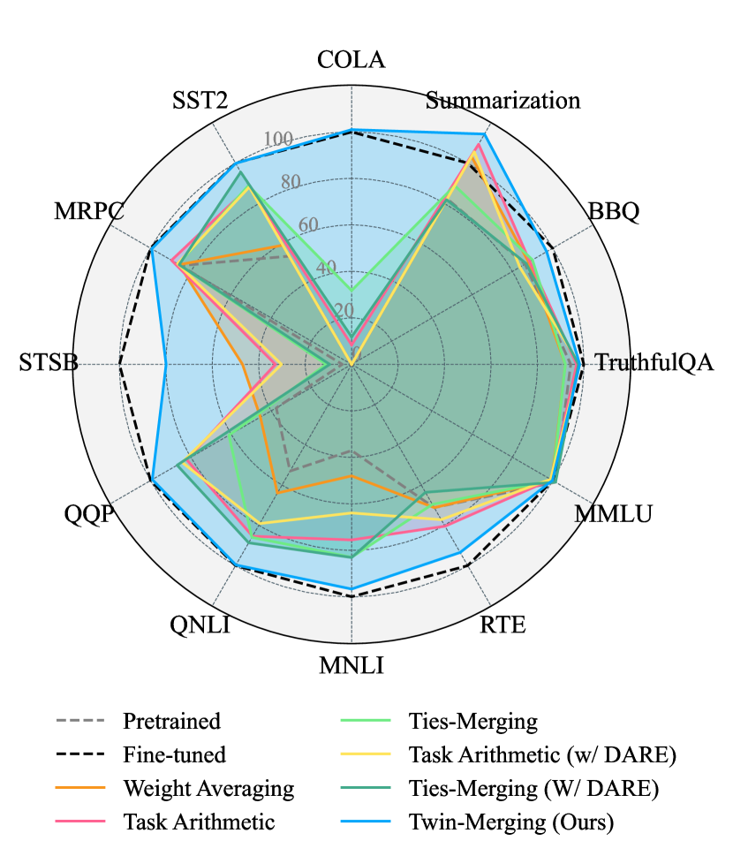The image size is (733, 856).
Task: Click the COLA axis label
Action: [351, 60]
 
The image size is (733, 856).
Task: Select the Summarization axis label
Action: [503, 100]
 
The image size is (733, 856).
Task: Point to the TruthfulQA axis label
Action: [654, 362]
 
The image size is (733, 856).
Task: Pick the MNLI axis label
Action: [351, 665]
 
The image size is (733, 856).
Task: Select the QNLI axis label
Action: [200, 626]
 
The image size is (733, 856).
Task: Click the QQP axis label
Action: [88, 513]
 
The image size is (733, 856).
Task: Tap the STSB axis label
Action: [48, 363]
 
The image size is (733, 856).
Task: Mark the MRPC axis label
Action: [88, 212]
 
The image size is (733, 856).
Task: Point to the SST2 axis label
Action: [200, 100]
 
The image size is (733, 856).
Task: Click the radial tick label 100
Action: [279, 140]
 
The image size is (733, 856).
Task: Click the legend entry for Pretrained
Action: [171, 721]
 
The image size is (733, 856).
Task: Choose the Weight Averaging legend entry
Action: [208, 788]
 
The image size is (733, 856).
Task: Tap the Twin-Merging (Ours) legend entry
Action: [510, 822]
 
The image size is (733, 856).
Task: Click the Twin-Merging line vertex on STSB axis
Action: [165, 364]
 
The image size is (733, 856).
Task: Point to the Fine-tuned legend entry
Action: [174, 754]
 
